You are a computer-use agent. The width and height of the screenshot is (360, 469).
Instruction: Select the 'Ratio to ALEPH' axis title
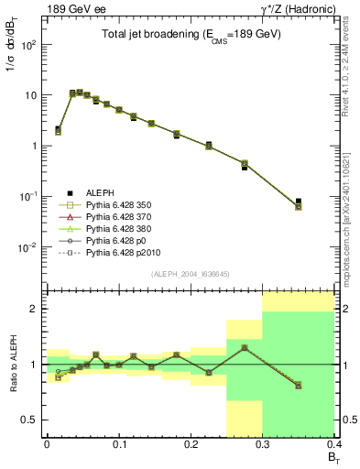[12, 365]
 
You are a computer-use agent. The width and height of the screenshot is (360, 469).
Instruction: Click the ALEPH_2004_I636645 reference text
[191, 272]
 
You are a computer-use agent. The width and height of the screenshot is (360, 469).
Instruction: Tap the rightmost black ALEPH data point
[323, 201]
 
